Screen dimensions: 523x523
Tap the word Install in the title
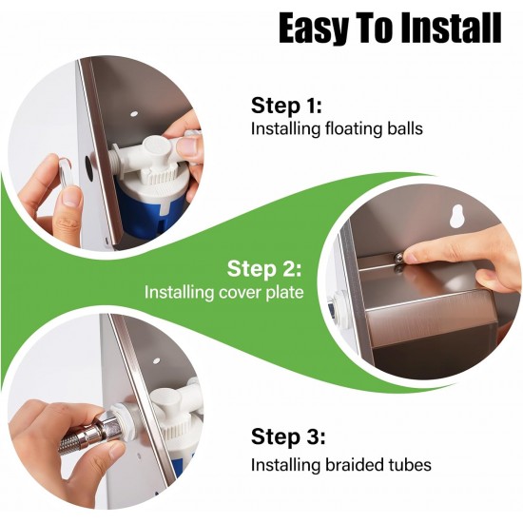coord(451,28)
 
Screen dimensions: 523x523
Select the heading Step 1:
coord(286,106)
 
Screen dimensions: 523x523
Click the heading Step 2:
coord(264,268)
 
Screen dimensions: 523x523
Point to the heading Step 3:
coord(288,436)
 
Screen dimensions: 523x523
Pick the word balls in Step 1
coord(405,128)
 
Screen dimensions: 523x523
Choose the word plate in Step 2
coord(285,293)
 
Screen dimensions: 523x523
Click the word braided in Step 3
coord(355,465)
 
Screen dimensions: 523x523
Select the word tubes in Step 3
coord(410,465)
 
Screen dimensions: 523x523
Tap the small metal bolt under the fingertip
coord(398,259)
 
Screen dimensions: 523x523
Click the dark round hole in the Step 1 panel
coord(88,165)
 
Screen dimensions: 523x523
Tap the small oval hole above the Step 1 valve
coord(134,114)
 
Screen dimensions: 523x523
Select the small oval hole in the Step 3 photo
coord(156,360)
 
